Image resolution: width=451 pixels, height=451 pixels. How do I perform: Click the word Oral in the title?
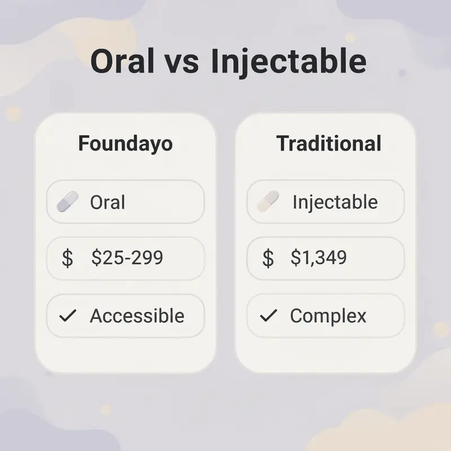122,61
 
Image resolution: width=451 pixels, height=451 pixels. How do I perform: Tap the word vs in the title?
182,63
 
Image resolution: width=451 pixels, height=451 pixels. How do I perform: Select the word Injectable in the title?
289,63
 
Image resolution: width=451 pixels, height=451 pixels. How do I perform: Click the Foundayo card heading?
125,143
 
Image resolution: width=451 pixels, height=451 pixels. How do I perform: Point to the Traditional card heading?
329,143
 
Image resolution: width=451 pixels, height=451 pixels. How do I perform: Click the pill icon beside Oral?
68,201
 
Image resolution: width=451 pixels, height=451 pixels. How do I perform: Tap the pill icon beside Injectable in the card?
268,201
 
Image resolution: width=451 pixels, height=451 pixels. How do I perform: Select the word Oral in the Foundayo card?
107,202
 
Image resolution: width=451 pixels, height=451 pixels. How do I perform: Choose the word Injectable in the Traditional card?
335,202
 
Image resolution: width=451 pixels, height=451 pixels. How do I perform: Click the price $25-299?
127,258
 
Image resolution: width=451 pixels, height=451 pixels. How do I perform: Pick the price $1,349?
319,258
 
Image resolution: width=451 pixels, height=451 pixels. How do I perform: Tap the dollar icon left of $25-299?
68,258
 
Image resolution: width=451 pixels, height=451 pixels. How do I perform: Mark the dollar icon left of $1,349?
268,258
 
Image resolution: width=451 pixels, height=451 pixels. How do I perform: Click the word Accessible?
137,316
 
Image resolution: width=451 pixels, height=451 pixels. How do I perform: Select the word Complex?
328,316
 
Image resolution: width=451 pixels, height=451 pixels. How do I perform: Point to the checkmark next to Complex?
268,316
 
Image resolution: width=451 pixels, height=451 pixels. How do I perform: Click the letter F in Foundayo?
83,143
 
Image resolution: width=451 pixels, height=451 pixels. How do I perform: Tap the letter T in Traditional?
282,143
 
